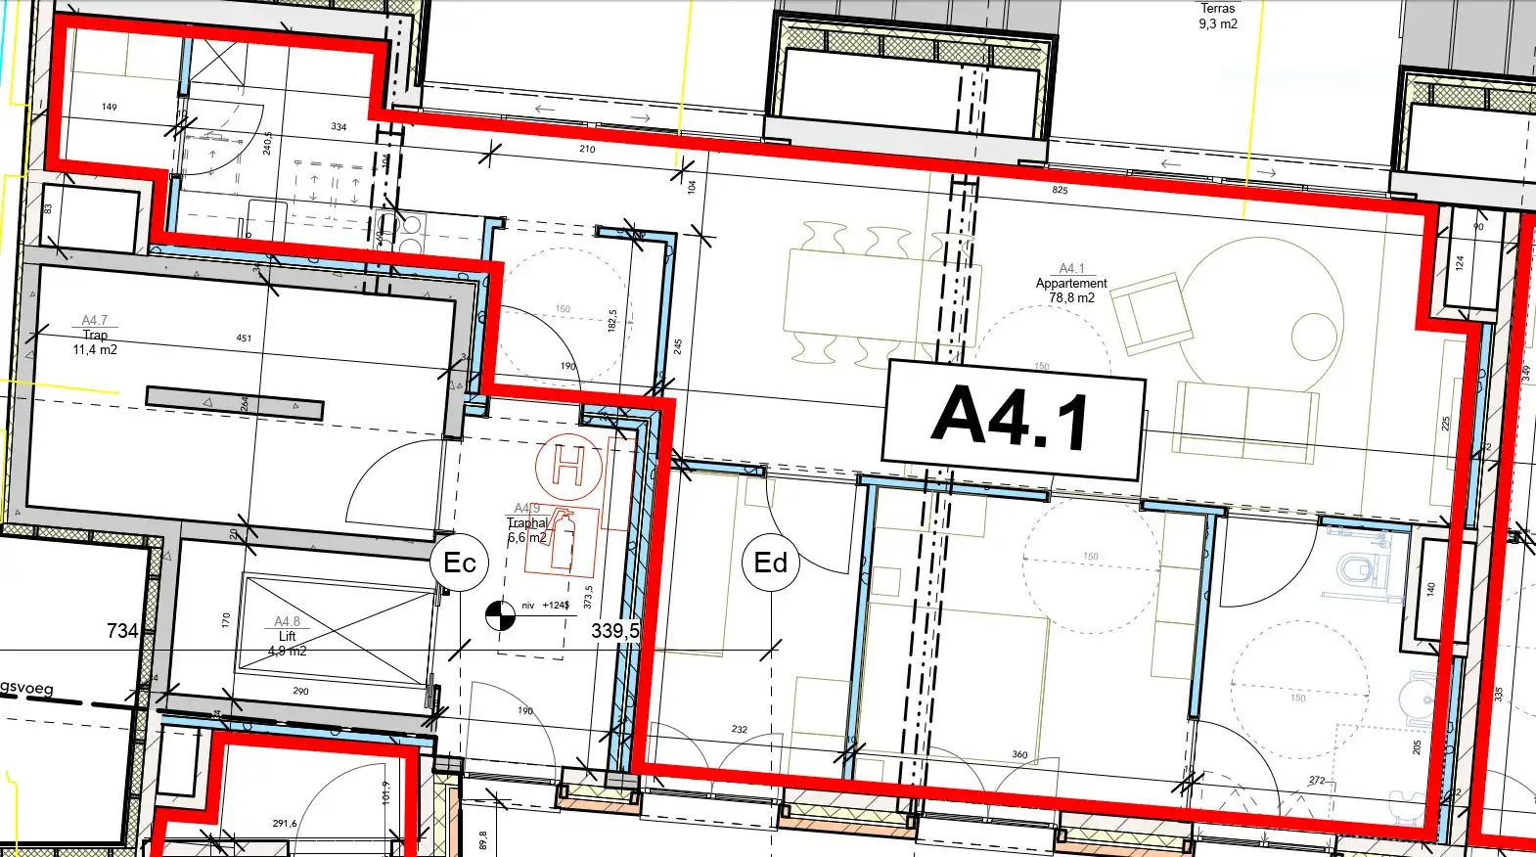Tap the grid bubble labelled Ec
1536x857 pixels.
[x=459, y=563]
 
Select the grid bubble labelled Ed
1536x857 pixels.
[x=771, y=563]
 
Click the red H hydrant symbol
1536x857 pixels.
[x=568, y=466]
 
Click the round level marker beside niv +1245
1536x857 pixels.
[x=500, y=614]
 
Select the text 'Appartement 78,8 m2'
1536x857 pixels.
[x=1071, y=290]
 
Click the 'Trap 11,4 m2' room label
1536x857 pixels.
[x=95, y=341]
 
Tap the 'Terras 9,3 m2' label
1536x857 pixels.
[x=1218, y=16]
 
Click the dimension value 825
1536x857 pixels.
[x=1060, y=190]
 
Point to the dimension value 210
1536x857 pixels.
[x=587, y=149]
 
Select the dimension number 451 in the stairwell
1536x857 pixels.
[x=244, y=338]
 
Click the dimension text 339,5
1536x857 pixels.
[x=614, y=631]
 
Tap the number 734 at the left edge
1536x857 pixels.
[x=122, y=631]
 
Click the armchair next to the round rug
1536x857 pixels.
[x=1152, y=312]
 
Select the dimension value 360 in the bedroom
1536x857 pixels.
[x=1019, y=754]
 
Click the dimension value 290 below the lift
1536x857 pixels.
[x=300, y=691]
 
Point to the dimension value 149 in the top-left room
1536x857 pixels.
[x=109, y=107]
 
